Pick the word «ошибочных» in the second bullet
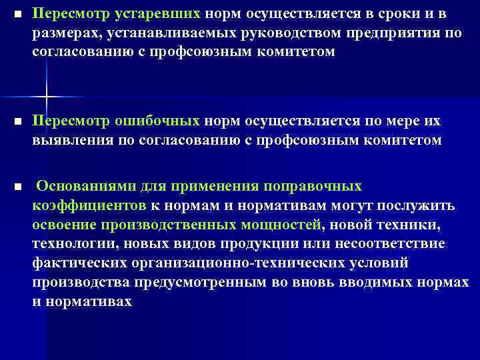(x=155, y=121)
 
